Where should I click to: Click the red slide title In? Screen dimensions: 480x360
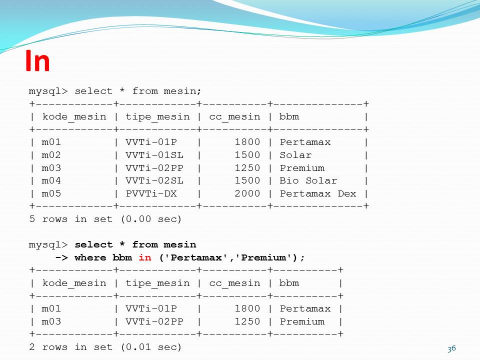[x=37, y=61]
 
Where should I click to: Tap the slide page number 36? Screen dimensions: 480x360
[x=452, y=348]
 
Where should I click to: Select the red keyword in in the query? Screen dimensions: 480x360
[x=144, y=257]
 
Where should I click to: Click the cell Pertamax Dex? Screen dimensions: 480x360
[x=318, y=193]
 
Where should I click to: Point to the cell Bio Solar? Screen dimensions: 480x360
[x=308, y=180]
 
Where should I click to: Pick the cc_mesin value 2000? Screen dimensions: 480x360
[x=247, y=193]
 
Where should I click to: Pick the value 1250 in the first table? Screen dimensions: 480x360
[x=247, y=168]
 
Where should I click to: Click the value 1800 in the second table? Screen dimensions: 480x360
[x=247, y=309]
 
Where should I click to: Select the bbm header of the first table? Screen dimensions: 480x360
[x=289, y=117]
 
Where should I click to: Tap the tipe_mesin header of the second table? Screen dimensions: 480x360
[x=157, y=283]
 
